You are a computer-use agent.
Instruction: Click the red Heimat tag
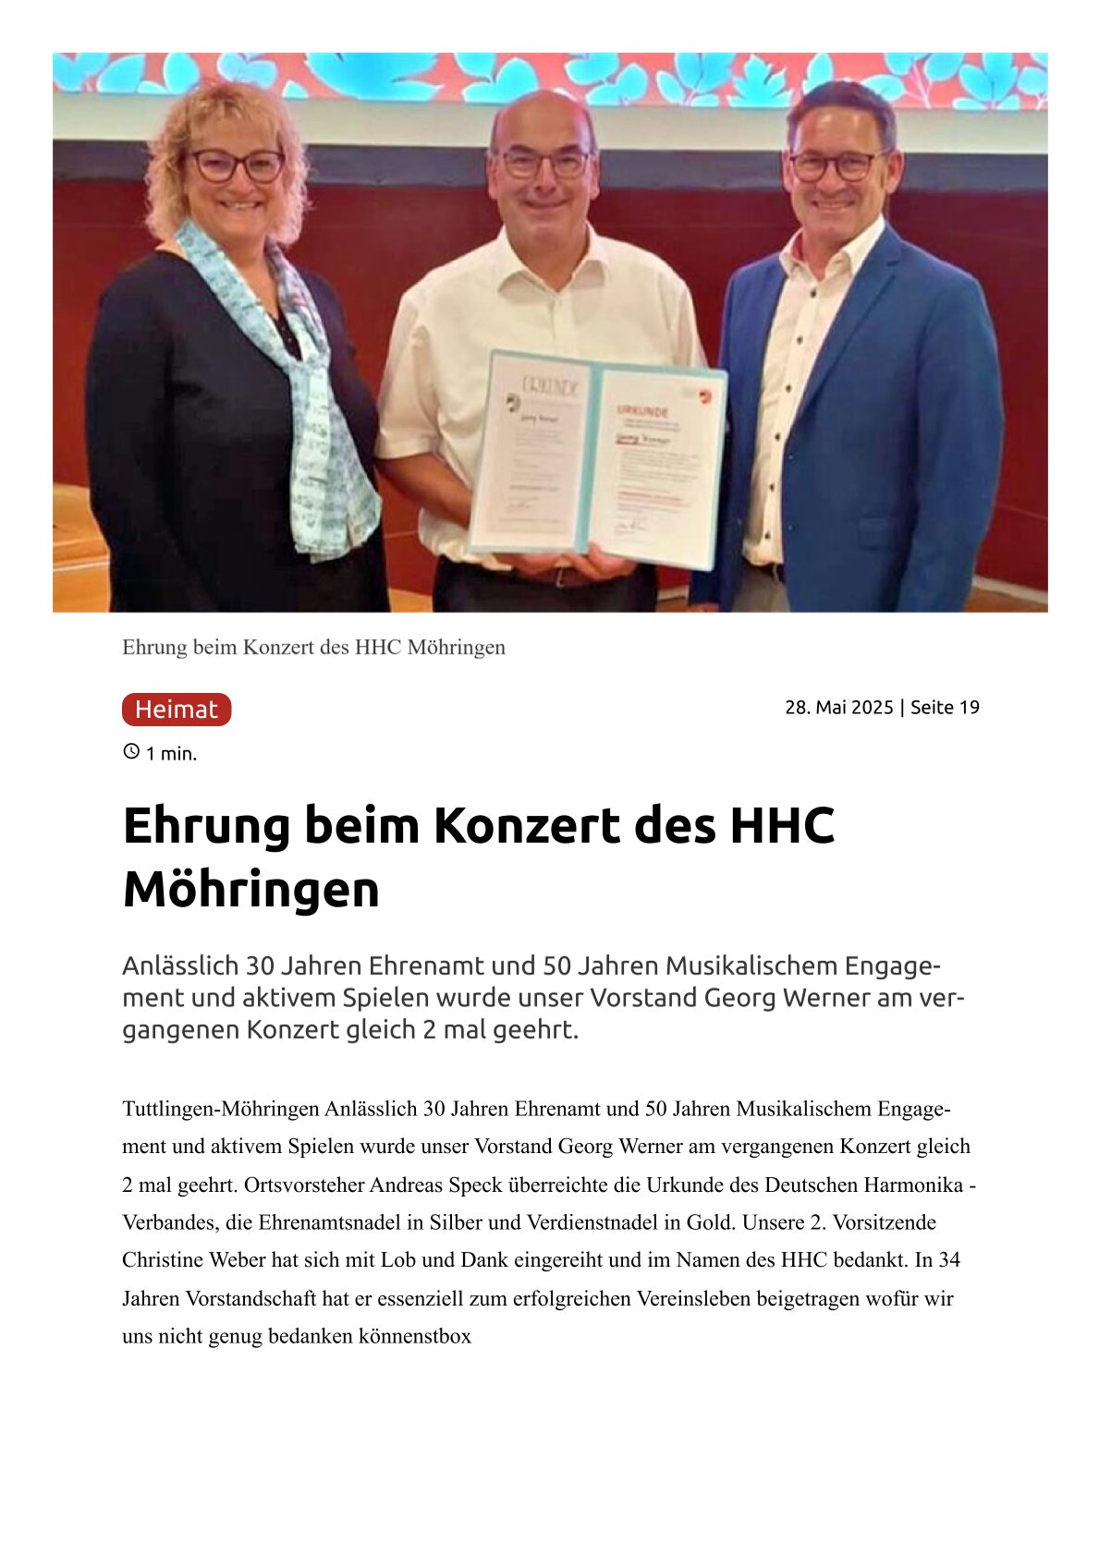click(x=176, y=710)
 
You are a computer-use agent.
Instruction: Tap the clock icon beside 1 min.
click(x=131, y=752)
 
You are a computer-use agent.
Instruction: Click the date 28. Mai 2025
click(x=838, y=708)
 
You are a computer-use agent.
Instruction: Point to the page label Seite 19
click(x=945, y=708)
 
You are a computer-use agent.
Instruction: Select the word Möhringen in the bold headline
click(x=250, y=890)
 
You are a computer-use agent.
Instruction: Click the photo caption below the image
click(x=313, y=648)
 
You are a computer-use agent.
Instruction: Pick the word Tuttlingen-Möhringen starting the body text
click(x=220, y=1109)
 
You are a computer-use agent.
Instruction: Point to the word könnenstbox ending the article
click(x=415, y=1336)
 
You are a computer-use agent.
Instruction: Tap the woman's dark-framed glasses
click(x=237, y=165)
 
